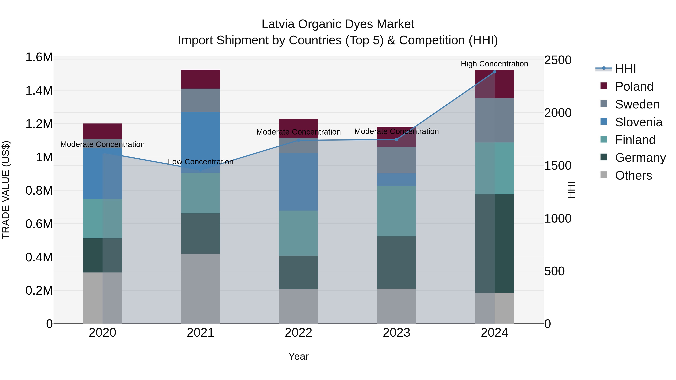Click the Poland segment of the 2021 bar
pyautogui.click(x=201, y=79)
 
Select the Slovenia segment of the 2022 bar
pyautogui.click(x=298, y=182)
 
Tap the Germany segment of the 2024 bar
pyautogui.click(x=494, y=243)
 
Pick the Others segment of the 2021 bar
pyautogui.click(x=201, y=288)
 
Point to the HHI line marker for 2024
pyautogui.click(x=494, y=72)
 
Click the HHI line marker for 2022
pyautogui.click(x=298, y=140)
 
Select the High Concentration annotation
pyautogui.click(x=494, y=64)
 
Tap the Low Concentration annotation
pyautogui.click(x=201, y=162)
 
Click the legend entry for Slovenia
pyautogui.click(x=638, y=122)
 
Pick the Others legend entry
pyautogui.click(x=633, y=175)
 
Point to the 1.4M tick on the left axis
pyautogui.click(x=39, y=91)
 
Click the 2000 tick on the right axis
pyautogui.click(x=558, y=113)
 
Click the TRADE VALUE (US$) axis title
pyautogui.click(x=6, y=190)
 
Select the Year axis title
pyautogui.click(x=298, y=356)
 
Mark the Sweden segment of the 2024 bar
pyautogui.click(x=494, y=120)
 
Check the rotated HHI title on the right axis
pyautogui.click(x=571, y=190)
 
